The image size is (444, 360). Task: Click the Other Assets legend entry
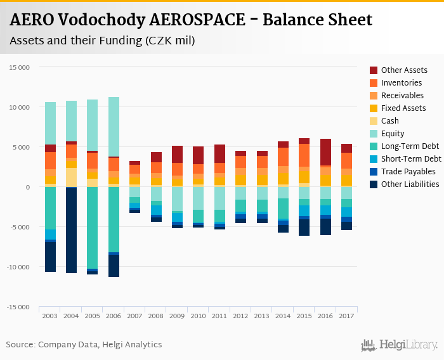(403, 70)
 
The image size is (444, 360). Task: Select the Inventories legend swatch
(374, 83)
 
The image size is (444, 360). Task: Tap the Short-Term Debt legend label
(411, 159)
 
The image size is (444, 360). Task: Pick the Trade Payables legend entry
(408, 172)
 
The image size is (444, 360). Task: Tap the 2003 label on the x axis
(50, 316)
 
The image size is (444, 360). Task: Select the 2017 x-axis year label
(346, 316)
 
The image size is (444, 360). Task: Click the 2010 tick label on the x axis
(198, 316)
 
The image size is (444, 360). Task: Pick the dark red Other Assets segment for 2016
(325, 152)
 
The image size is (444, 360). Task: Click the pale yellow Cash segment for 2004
(71, 177)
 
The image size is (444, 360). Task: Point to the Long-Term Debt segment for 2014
(283, 209)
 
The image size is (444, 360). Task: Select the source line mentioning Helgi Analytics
(84, 345)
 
